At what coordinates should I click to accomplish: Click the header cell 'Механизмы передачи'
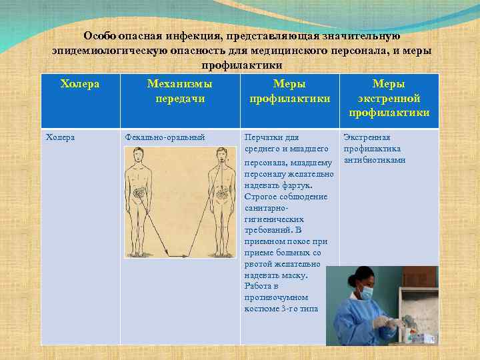coord(179,91)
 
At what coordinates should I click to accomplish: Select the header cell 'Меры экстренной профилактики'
coord(389,99)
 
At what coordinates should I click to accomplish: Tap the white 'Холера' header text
coord(80,84)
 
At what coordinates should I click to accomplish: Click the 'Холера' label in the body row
coord(60,137)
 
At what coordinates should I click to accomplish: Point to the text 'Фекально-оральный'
coord(165,137)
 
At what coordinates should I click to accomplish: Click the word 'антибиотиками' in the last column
coord(374,161)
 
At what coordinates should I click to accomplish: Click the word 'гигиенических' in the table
coord(274,219)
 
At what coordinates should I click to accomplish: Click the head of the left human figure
coord(139,156)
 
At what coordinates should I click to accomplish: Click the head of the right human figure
coord(219,156)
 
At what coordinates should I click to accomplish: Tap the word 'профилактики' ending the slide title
coord(241,65)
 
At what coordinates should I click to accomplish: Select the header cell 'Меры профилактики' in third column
coord(289,91)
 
